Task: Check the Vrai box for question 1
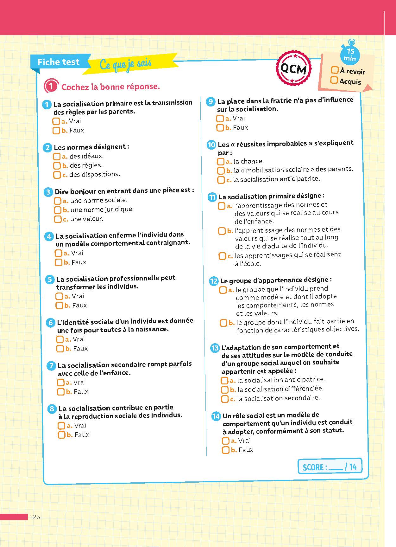[56, 121]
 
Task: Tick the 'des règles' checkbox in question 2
[57, 165]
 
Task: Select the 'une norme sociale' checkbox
[57, 201]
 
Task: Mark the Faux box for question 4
[58, 262]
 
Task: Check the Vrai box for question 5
[59, 296]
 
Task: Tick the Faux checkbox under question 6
[60, 349]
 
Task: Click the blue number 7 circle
[51, 366]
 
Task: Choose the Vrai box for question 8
[61, 426]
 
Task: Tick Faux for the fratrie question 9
[220, 128]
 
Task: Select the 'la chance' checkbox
[220, 162]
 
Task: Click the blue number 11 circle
[212, 197]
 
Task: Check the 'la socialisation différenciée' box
[224, 389]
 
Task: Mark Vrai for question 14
[225, 441]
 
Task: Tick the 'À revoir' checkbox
[334, 70]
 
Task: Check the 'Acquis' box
[334, 80]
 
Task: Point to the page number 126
[35, 517]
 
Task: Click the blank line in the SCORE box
[336, 467]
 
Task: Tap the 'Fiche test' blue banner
[59, 62]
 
